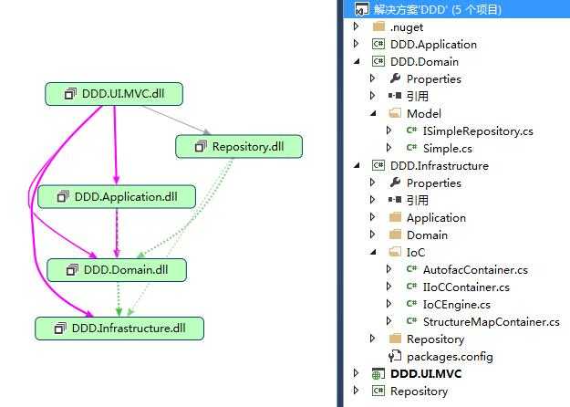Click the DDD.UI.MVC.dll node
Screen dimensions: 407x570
[116, 94]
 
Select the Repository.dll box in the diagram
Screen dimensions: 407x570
[238, 146]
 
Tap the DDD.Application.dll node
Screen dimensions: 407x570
[116, 197]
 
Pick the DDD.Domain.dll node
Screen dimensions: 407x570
[116, 270]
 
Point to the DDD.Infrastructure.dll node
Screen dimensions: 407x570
[119, 328]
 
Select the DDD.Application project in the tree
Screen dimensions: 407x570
[433, 44]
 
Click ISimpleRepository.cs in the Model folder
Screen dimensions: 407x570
[478, 130]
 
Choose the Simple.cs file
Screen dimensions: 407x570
[447, 148]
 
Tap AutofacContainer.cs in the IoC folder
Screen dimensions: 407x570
[475, 269]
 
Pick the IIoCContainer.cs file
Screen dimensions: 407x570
[466, 287]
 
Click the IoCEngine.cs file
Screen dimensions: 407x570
[456, 304]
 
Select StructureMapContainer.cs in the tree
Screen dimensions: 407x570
[491, 321]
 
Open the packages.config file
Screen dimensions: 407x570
[449, 356]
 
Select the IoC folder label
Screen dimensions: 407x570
[416, 252]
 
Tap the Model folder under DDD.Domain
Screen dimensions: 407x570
[423, 113]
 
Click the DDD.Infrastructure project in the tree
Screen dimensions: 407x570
[439, 165]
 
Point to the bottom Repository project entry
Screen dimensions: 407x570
[419, 391]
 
